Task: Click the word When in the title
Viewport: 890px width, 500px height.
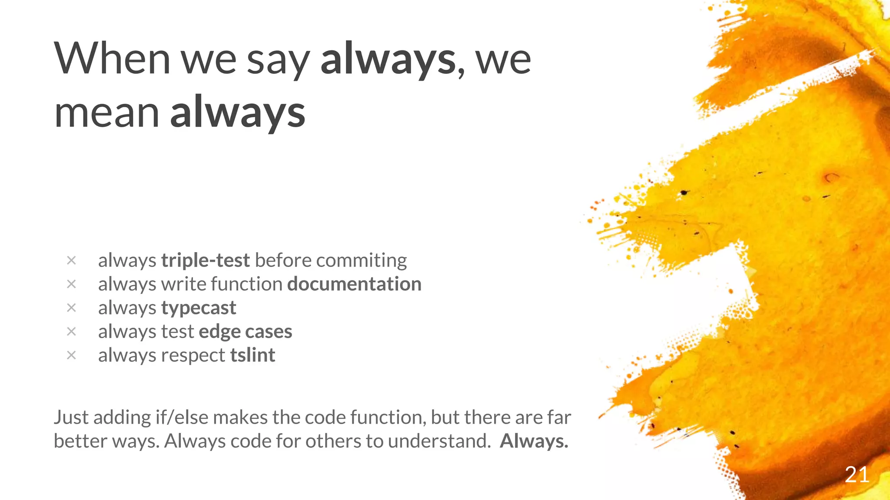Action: [x=112, y=59]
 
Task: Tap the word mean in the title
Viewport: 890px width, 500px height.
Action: [x=106, y=112]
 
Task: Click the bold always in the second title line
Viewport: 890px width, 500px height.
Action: [x=238, y=112]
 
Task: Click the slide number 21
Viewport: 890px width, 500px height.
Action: [x=857, y=474]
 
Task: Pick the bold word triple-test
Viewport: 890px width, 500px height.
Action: [x=205, y=260]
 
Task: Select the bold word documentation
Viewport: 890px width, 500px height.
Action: [x=354, y=284]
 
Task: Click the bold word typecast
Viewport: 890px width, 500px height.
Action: [x=199, y=308]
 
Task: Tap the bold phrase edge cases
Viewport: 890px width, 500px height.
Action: [x=245, y=332]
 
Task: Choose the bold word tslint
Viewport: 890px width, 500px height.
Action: [x=252, y=355]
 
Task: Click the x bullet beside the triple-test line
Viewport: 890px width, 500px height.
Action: [x=71, y=260]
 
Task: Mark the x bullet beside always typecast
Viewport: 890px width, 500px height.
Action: [x=71, y=308]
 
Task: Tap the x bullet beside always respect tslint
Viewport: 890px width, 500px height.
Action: [x=71, y=355]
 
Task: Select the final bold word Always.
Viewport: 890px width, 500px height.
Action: [x=534, y=441]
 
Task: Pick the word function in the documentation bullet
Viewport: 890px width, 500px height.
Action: [x=246, y=284]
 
